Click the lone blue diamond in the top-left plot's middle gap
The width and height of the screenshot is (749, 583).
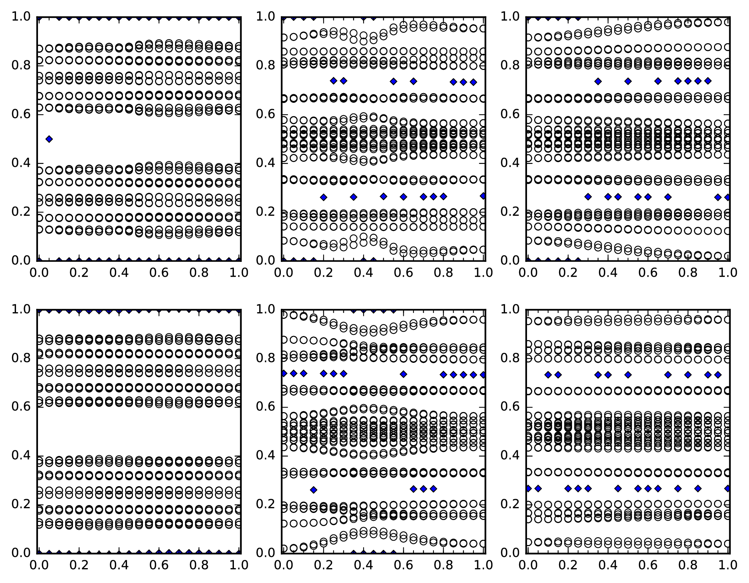(x=49, y=139)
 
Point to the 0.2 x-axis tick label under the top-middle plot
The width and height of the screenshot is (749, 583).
(x=323, y=273)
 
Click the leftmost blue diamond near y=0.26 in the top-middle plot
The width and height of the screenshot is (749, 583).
(x=323, y=197)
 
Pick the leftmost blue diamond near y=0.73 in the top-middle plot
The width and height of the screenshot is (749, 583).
(x=334, y=81)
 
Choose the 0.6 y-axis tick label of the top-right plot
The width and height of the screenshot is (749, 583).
(x=510, y=114)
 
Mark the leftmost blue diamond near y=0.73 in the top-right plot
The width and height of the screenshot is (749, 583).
(x=598, y=81)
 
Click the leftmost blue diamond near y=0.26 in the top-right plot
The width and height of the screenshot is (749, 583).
(x=588, y=197)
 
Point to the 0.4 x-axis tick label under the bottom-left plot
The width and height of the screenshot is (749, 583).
(x=119, y=565)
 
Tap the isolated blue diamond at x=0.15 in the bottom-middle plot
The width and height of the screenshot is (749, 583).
(x=313, y=489)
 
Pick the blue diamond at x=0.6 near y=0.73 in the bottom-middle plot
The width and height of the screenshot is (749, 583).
(x=403, y=374)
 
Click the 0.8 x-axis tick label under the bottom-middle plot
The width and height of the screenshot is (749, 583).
(x=443, y=565)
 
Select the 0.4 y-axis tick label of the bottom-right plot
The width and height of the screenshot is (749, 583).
(x=510, y=455)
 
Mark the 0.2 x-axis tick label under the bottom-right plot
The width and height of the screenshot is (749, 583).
(x=568, y=565)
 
